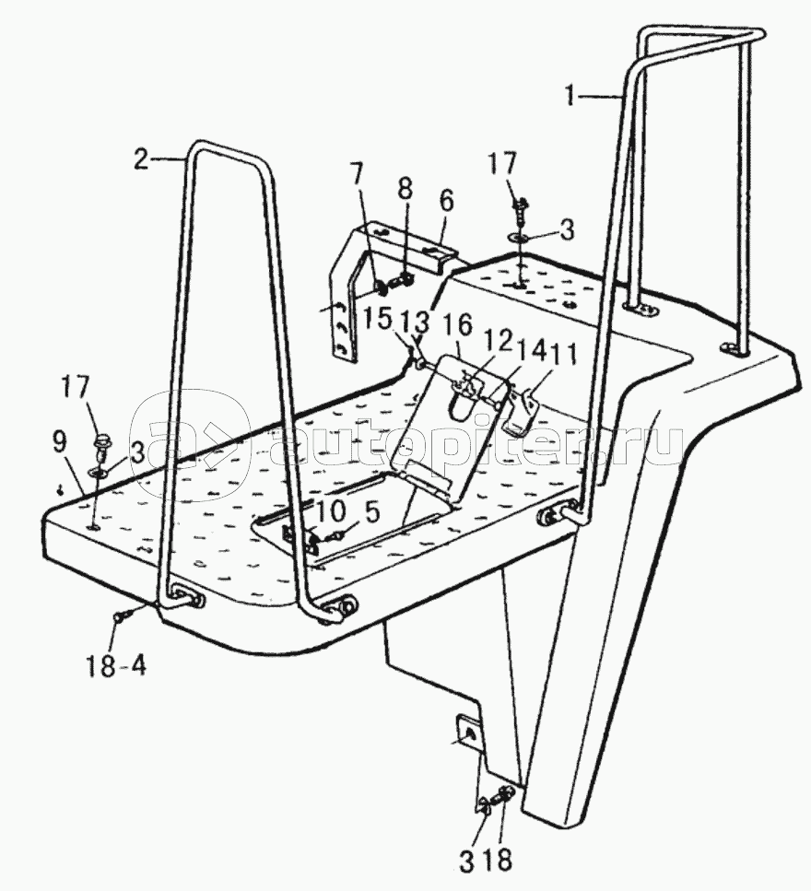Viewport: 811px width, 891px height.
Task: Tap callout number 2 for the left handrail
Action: click(x=141, y=159)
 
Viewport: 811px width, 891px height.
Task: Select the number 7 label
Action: click(x=356, y=176)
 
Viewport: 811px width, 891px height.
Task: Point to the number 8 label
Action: click(x=405, y=189)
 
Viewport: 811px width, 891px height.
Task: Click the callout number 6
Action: click(x=447, y=202)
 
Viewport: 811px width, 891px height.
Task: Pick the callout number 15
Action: click(x=378, y=319)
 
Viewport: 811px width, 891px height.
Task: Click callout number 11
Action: click(x=567, y=355)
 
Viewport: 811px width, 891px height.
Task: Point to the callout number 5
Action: click(x=371, y=513)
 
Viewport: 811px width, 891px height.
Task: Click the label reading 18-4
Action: click(x=116, y=665)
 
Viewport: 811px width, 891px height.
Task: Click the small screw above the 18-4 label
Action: click(x=123, y=615)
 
